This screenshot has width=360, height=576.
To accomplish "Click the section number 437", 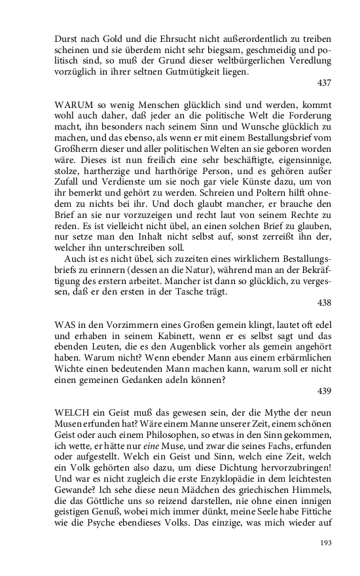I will tap(323, 83).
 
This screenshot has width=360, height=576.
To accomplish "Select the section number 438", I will tap(323, 303).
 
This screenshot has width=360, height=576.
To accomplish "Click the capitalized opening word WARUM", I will tap(72, 105).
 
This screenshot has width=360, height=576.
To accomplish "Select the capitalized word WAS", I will tap(65, 324).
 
